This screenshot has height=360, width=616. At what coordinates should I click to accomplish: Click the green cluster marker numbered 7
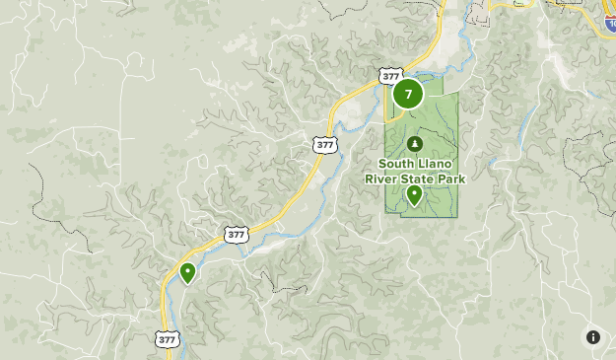[x=408, y=95]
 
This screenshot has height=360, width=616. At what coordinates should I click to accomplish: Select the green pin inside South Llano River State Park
[x=414, y=194]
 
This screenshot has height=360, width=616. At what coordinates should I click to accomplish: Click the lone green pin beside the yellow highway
[x=187, y=272]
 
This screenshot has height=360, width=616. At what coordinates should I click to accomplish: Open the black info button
[x=593, y=337]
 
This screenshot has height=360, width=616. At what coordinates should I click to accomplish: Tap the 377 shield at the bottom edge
[x=168, y=338]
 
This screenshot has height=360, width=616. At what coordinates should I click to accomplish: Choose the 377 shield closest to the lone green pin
[x=235, y=235]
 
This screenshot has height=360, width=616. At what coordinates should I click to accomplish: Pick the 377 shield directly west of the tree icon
[x=325, y=144]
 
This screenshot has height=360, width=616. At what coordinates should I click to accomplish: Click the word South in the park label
[x=394, y=164]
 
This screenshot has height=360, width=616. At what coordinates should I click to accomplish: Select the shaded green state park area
[x=439, y=123]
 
